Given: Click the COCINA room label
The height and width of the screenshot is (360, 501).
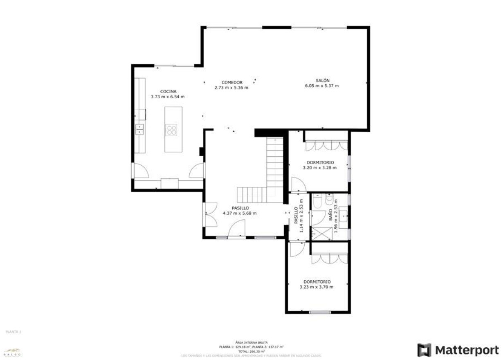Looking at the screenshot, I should coord(168,91).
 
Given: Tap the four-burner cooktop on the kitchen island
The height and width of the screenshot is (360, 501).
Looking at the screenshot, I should coord(171,130).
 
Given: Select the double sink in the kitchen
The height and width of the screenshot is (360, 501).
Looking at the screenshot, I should coord(140,129).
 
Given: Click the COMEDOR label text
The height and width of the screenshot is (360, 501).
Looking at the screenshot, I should coord(231,82).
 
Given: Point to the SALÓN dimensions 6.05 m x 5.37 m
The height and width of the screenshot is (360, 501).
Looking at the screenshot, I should coord(322,86).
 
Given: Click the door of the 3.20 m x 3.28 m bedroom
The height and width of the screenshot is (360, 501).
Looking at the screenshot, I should coord(298,184).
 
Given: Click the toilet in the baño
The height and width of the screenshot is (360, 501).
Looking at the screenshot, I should coord(317,200).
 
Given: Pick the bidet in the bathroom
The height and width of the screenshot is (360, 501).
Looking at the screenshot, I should coord(330,199).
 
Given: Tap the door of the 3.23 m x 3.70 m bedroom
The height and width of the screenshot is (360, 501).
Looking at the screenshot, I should coord(296,249).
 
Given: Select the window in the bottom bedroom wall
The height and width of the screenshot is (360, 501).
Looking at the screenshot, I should coord(320,313).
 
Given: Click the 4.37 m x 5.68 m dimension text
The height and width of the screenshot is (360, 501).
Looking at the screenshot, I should coord(240,213).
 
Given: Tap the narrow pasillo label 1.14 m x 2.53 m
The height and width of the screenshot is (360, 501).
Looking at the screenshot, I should coord(298,216).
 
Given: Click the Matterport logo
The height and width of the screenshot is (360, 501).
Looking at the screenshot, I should coord(458,350).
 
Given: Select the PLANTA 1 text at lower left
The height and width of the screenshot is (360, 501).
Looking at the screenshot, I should coord(13,331).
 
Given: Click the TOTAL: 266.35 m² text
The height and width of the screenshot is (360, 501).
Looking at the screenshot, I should coord(251,351).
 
